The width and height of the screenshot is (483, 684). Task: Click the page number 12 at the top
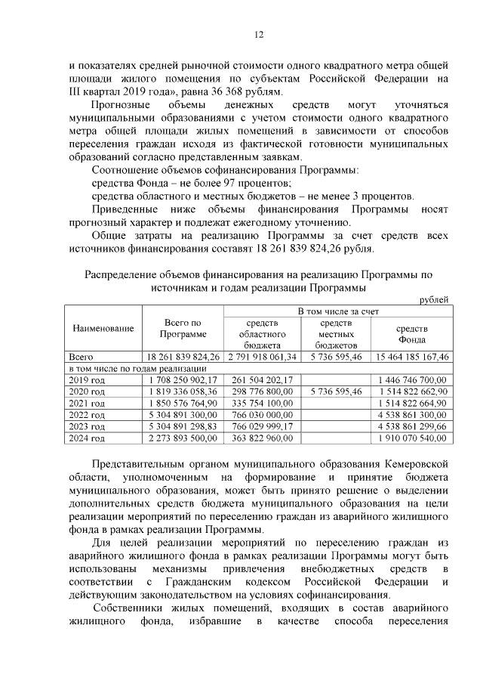click(x=258, y=34)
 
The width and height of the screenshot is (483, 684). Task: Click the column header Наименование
click(x=103, y=329)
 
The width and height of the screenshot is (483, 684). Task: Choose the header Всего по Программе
click(x=182, y=329)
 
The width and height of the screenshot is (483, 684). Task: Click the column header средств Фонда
click(x=412, y=333)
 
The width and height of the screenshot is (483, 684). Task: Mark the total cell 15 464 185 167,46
click(x=412, y=356)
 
